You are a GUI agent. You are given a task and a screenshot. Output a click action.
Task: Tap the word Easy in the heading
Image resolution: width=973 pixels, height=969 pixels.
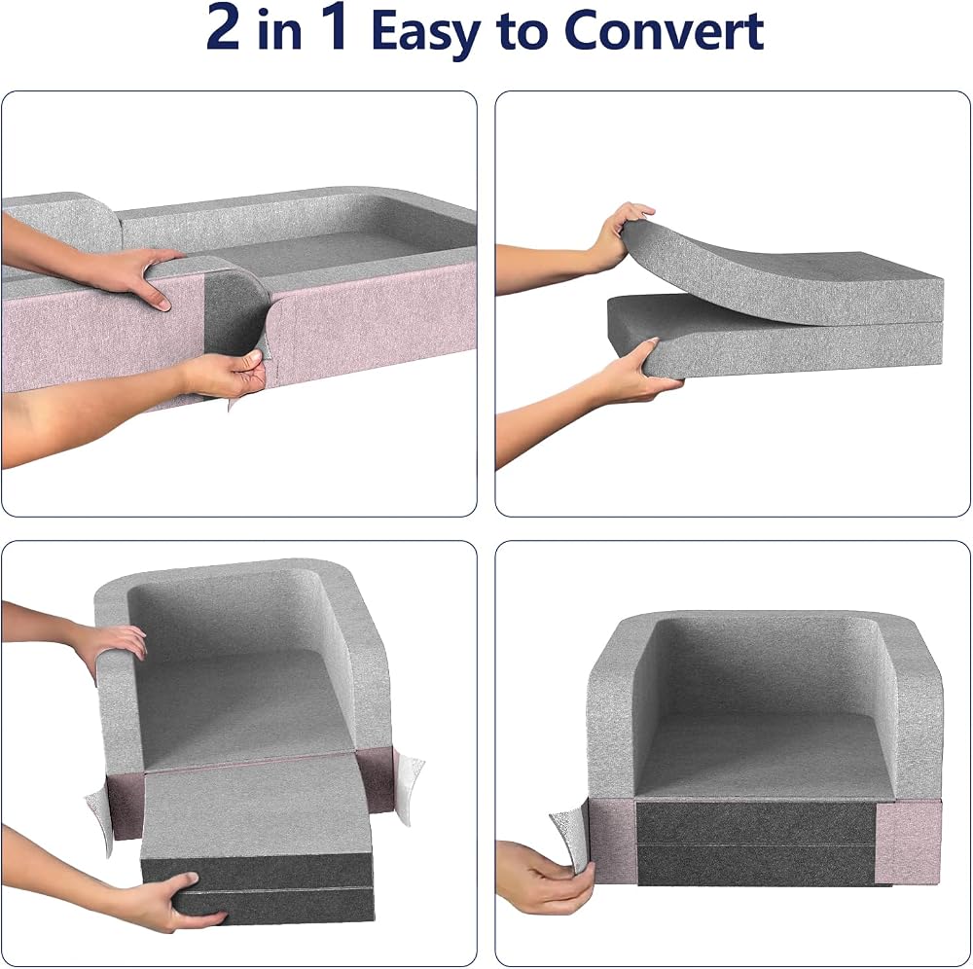[x=427, y=33]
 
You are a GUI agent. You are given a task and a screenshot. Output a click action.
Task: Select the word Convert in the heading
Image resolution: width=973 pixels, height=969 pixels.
[x=664, y=30]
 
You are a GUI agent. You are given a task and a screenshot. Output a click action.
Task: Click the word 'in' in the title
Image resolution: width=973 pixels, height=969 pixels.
[x=279, y=30]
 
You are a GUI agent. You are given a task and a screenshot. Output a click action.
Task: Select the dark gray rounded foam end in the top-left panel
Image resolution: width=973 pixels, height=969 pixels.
[x=235, y=313]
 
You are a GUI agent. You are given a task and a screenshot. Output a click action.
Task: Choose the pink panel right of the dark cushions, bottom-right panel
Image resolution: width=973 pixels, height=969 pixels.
[x=907, y=844]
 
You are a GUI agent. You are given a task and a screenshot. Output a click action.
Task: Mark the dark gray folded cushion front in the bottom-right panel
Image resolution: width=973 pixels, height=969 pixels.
[x=756, y=843]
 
